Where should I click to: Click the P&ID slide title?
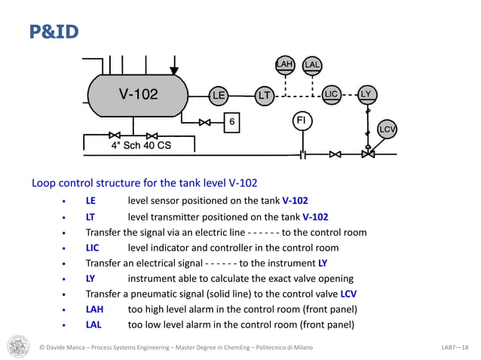pyautogui.click(x=54, y=32)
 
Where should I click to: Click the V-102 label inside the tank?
pyautogui.click(x=139, y=94)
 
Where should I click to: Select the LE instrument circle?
pyautogui.click(x=219, y=96)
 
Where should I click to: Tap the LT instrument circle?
pyautogui.click(x=264, y=96)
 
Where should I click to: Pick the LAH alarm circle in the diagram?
pyautogui.click(x=284, y=65)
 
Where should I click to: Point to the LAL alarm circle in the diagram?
pyautogui.click(x=312, y=65)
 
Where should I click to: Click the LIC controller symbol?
pyautogui.click(x=332, y=94)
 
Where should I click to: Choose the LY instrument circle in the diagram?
pyautogui.click(x=366, y=94)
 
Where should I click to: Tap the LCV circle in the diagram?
pyautogui.click(x=388, y=129)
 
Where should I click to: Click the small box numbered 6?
pyautogui.click(x=232, y=121)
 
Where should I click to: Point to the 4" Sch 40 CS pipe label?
pyautogui.click(x=141, y=145)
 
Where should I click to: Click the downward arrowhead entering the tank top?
pyautogui.click(x=174, y=71)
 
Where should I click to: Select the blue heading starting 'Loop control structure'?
pyautogui.click(x=144, y=182)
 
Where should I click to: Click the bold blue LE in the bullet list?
pyautogui.click(x=90, y=201)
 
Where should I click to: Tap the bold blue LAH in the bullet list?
pyautogui.click(x=94, y=310)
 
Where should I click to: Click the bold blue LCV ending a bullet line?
pyautogui.click(x=348, y=294)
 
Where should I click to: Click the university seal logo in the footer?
pyautogui.click(x=19, y=346)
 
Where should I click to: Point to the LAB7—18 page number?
pyautogui.click(x=455, y=347)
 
